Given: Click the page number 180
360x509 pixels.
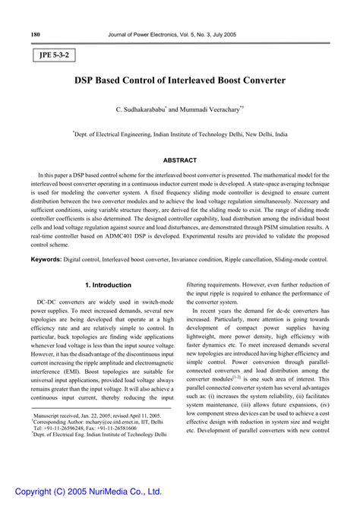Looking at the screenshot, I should (x=35, y=34).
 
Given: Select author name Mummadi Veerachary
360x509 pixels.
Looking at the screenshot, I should (x=210, y=110).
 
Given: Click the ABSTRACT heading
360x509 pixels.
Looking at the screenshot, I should (x=180, y=160).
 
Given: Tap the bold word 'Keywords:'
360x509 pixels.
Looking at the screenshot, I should (x=46, y=260).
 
